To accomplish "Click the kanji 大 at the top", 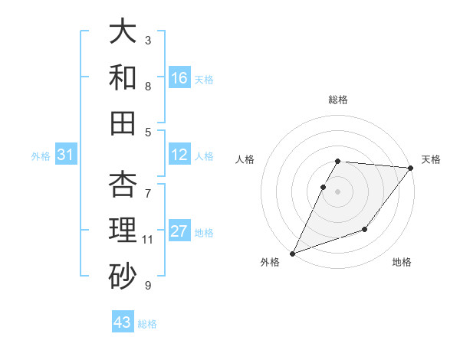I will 123,33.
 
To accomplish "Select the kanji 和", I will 123,77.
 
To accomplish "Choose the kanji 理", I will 123,230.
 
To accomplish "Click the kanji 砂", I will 123,275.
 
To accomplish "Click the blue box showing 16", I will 179,78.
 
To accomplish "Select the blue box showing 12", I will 179,155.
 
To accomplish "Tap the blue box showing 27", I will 179,232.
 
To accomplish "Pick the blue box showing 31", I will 66,155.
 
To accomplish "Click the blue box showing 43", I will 123,322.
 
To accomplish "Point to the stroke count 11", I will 148,240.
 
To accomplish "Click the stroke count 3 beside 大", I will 148,39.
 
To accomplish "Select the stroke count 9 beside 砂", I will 148,286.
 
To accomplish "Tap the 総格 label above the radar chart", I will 338,100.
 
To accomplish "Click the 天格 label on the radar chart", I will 431,159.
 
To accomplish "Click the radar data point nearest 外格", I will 292,253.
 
